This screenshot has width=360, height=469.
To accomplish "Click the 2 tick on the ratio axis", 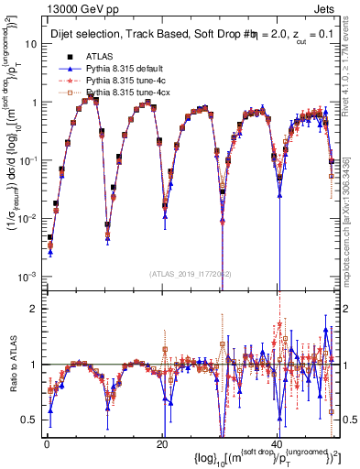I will click(x=37, y=308).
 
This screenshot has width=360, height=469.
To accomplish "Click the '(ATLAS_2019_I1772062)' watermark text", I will click(x=191, y=274).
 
